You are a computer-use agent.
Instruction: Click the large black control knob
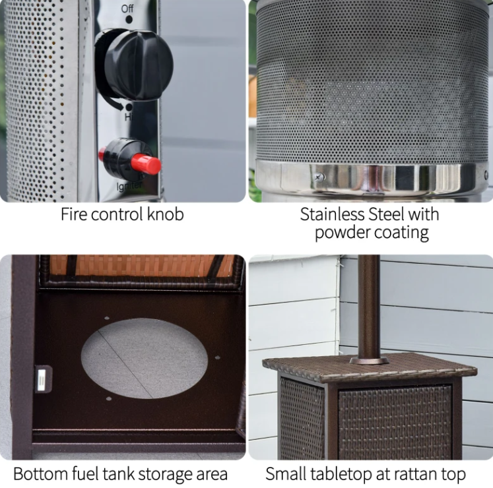tap(135, 65)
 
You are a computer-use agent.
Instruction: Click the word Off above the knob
tap(127, 9)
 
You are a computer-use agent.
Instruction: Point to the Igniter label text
tap(129, 186)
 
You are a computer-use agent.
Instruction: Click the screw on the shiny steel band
tap(319, 178)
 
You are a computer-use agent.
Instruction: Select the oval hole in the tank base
tap(145, 358)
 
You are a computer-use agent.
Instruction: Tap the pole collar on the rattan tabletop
tap(369, 360)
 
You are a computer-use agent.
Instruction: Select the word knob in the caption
tap(166, 214)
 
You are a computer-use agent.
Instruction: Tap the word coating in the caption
tap(401, 233)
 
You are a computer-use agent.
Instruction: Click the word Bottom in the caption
tap(40, 473)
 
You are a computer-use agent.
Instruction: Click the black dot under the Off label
tap(129, 20)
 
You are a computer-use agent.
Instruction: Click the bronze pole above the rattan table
tap(368, 307)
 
